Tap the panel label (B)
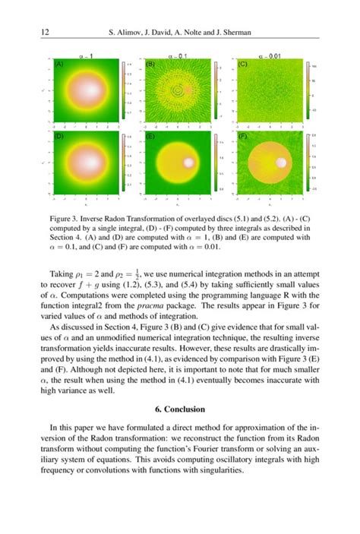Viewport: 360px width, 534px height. pyautogui.click(x=150, y=65)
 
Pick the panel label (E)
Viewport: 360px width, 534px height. pyautogui.click(x=150, y=137)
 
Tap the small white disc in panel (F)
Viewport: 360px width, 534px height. pyautogui.click(x=282, y=163)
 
